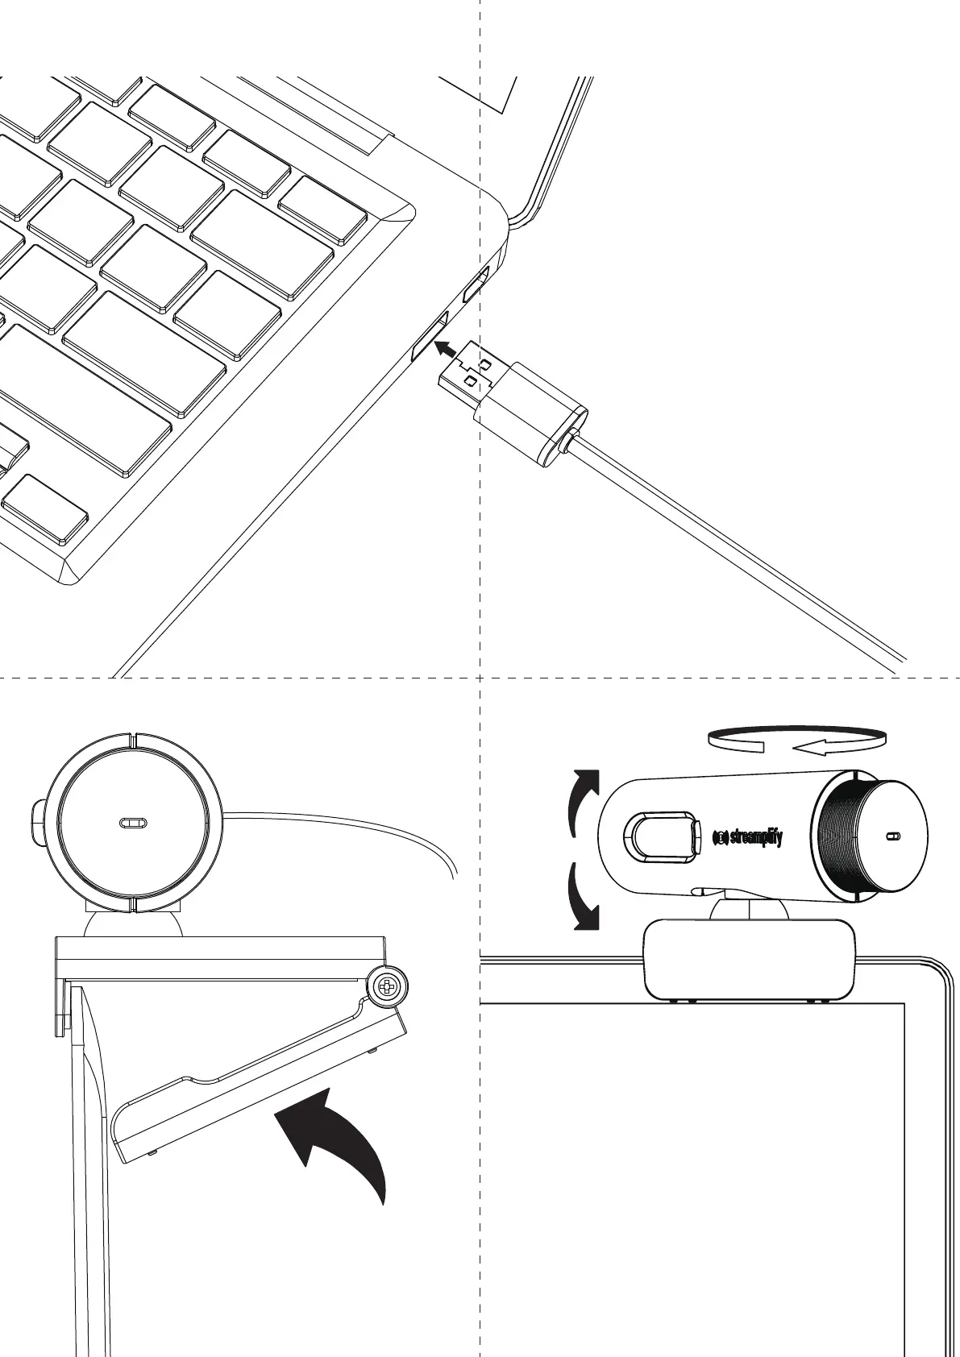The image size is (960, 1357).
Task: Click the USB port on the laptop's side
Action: click(430, 337)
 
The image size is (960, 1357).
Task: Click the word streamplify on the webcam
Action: click(755, 836)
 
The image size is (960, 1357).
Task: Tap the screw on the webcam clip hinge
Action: click(387, 986)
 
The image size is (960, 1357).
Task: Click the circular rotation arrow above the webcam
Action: click(796, 740)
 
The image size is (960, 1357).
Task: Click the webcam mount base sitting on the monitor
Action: click(749, 959)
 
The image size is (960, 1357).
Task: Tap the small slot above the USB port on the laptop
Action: click(476, 285)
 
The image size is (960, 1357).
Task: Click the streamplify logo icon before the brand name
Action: click(721, 837)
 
